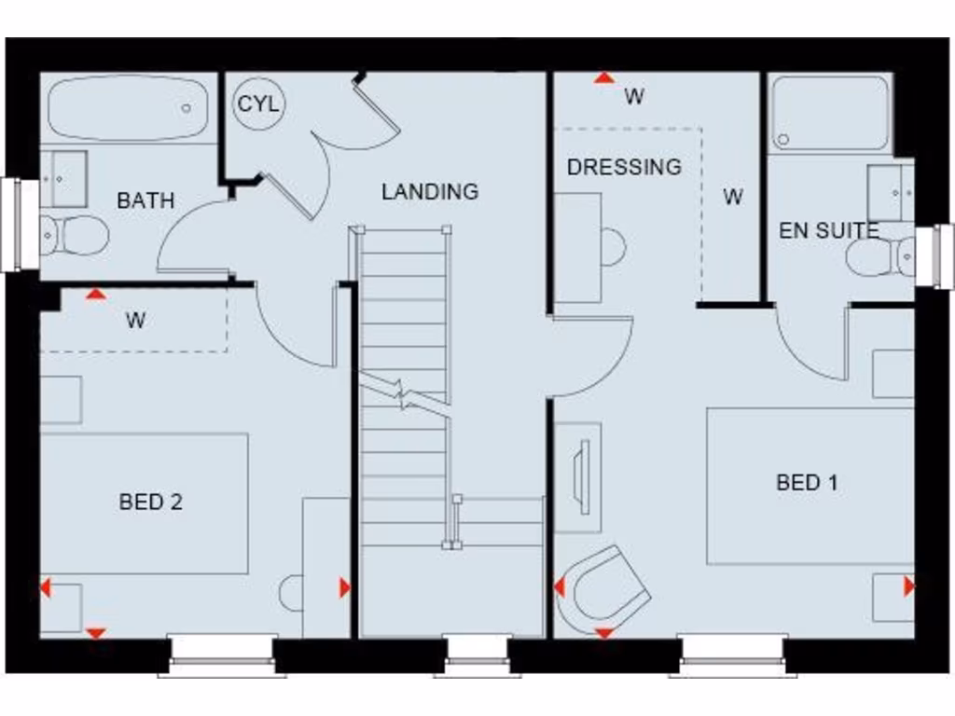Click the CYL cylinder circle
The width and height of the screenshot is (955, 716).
257,103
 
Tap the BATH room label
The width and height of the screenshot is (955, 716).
145,200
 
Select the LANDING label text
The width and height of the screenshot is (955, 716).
430,192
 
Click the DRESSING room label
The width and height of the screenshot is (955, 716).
624,167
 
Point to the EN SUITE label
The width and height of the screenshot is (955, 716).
828,230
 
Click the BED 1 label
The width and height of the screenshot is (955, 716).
807,482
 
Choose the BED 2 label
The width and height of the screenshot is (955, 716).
151,502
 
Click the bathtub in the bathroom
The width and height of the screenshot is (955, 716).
127,109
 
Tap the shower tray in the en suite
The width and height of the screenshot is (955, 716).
831,114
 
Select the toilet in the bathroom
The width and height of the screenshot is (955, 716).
75,235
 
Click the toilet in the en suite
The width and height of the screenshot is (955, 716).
881,256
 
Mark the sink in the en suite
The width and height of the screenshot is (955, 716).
890,192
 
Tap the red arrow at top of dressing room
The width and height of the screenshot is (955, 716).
604,78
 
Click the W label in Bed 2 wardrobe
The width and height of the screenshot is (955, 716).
136,322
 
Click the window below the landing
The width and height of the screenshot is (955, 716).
476,653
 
